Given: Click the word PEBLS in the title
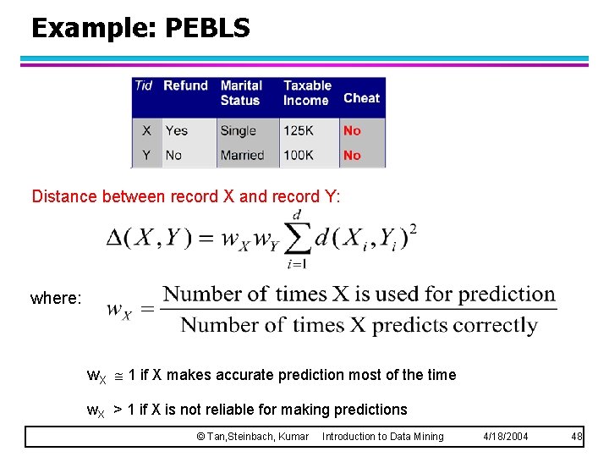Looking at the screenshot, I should (x=207, y=29).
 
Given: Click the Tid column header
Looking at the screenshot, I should (x=144, y=85).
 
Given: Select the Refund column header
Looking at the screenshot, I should (x=185, y=85).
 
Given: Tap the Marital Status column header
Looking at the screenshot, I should (x=241, y=93).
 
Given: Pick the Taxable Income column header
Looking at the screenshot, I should (x=307, y=93).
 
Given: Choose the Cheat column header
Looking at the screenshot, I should (x=361, y=98).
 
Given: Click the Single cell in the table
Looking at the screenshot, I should (x=238, y=130).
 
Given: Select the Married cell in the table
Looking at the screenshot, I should (x=242, y=155).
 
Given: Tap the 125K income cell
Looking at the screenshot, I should (x=299, y=130).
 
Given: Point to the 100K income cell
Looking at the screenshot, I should (x=299, y=155).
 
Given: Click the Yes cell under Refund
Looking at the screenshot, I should (x=176, y=130).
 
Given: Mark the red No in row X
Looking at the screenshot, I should (x=352, y=130).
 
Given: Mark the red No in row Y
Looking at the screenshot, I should (x=352, y=155).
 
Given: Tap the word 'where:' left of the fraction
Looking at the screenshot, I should (x=56, y=299).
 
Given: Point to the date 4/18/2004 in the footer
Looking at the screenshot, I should (x=505, y=437).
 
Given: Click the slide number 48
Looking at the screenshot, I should (x=577, y=437).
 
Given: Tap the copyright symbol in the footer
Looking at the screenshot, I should (x=200, y=437).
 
